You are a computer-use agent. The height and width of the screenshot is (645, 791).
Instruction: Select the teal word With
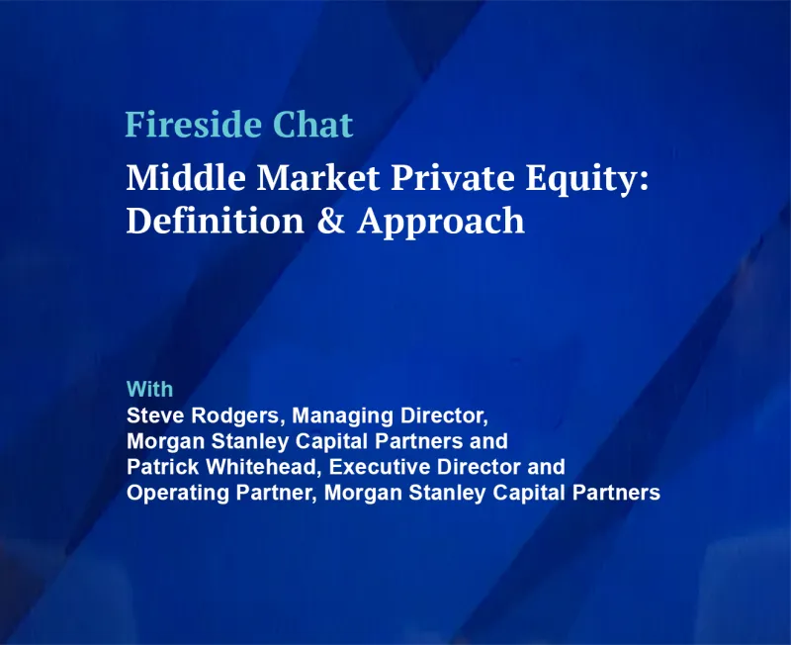click(149, 388)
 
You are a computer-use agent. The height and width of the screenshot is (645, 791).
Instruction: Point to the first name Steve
click(154, 415)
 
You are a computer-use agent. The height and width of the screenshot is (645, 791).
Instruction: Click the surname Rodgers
click(236, 415)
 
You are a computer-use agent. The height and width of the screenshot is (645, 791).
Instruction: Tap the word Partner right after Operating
click(266, 492)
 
